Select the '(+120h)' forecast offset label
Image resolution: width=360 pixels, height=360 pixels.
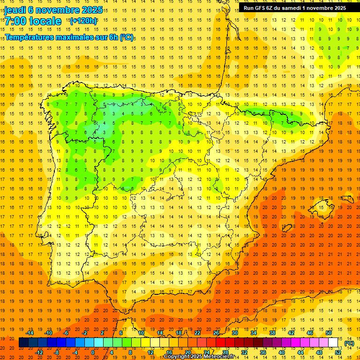pyautogui.click(x=83, y=21)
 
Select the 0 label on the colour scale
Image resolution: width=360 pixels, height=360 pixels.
pyautogui.click(x=93, y=352)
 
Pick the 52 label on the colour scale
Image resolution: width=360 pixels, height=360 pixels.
pyautogui.click(x=338, y=352)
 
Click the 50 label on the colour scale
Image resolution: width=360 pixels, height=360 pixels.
pyautogui.click(x=328, y=333)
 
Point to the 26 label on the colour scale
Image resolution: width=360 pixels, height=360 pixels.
pyautogui.click(x=216, y=333)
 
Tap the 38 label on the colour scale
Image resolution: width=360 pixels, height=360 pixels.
pyautogui.click(x=272, y=333)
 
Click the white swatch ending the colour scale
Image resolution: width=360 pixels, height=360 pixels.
pyautogui.click(x=333, y=343)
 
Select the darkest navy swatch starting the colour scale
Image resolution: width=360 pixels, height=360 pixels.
pyautogui.click(x=23, y=343)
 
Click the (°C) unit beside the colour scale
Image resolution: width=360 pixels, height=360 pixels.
pyautogui.click(x=349, y=343)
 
